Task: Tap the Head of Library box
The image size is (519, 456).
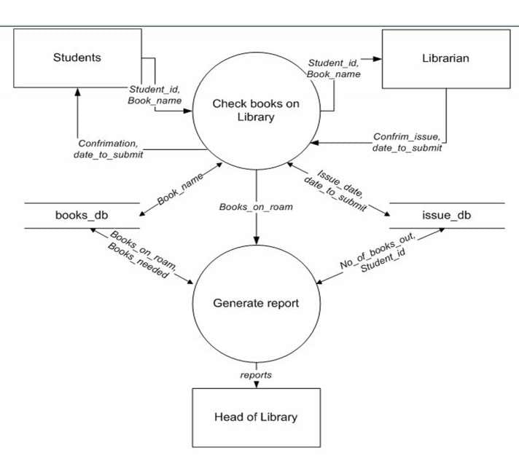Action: pos(256,417)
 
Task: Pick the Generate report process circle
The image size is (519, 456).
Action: pos(256,303)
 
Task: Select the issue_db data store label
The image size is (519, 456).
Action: pos(447,216)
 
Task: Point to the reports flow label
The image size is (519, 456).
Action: pos(256,374)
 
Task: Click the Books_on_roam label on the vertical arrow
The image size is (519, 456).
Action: pos(256,207)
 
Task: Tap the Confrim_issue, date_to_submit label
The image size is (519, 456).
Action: pos(407,142)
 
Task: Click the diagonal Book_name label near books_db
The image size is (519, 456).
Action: pos(179,191)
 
